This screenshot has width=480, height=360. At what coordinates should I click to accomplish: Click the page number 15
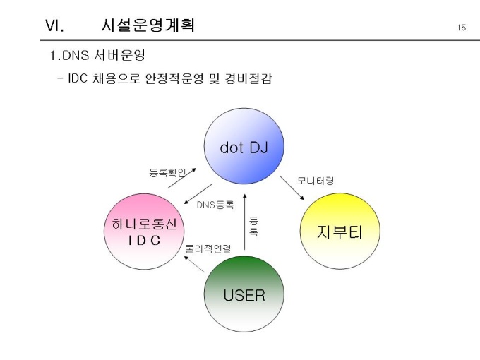click(x=461, y=28)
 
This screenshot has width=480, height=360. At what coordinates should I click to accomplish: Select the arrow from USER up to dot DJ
click(x=244, y=222)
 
